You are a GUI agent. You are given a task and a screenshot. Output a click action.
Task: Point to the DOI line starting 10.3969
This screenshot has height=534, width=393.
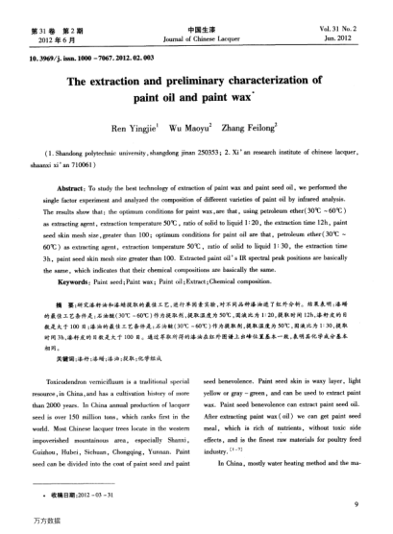click(82, 60)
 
